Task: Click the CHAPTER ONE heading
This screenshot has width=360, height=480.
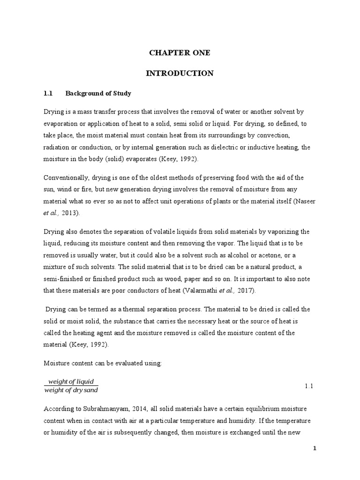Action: (x=180, y=53)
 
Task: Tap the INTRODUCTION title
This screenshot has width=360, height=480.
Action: (x=180, y=73)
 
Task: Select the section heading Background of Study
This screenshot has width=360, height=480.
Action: (x=98, y=93)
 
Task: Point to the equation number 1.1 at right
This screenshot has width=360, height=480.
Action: (x=308, y=386)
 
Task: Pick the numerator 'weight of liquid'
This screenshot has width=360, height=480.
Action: (x=71, y=381)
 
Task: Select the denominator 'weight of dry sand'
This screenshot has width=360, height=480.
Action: (x=71, y=390)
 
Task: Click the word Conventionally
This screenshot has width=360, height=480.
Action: (x=65, y=178)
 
